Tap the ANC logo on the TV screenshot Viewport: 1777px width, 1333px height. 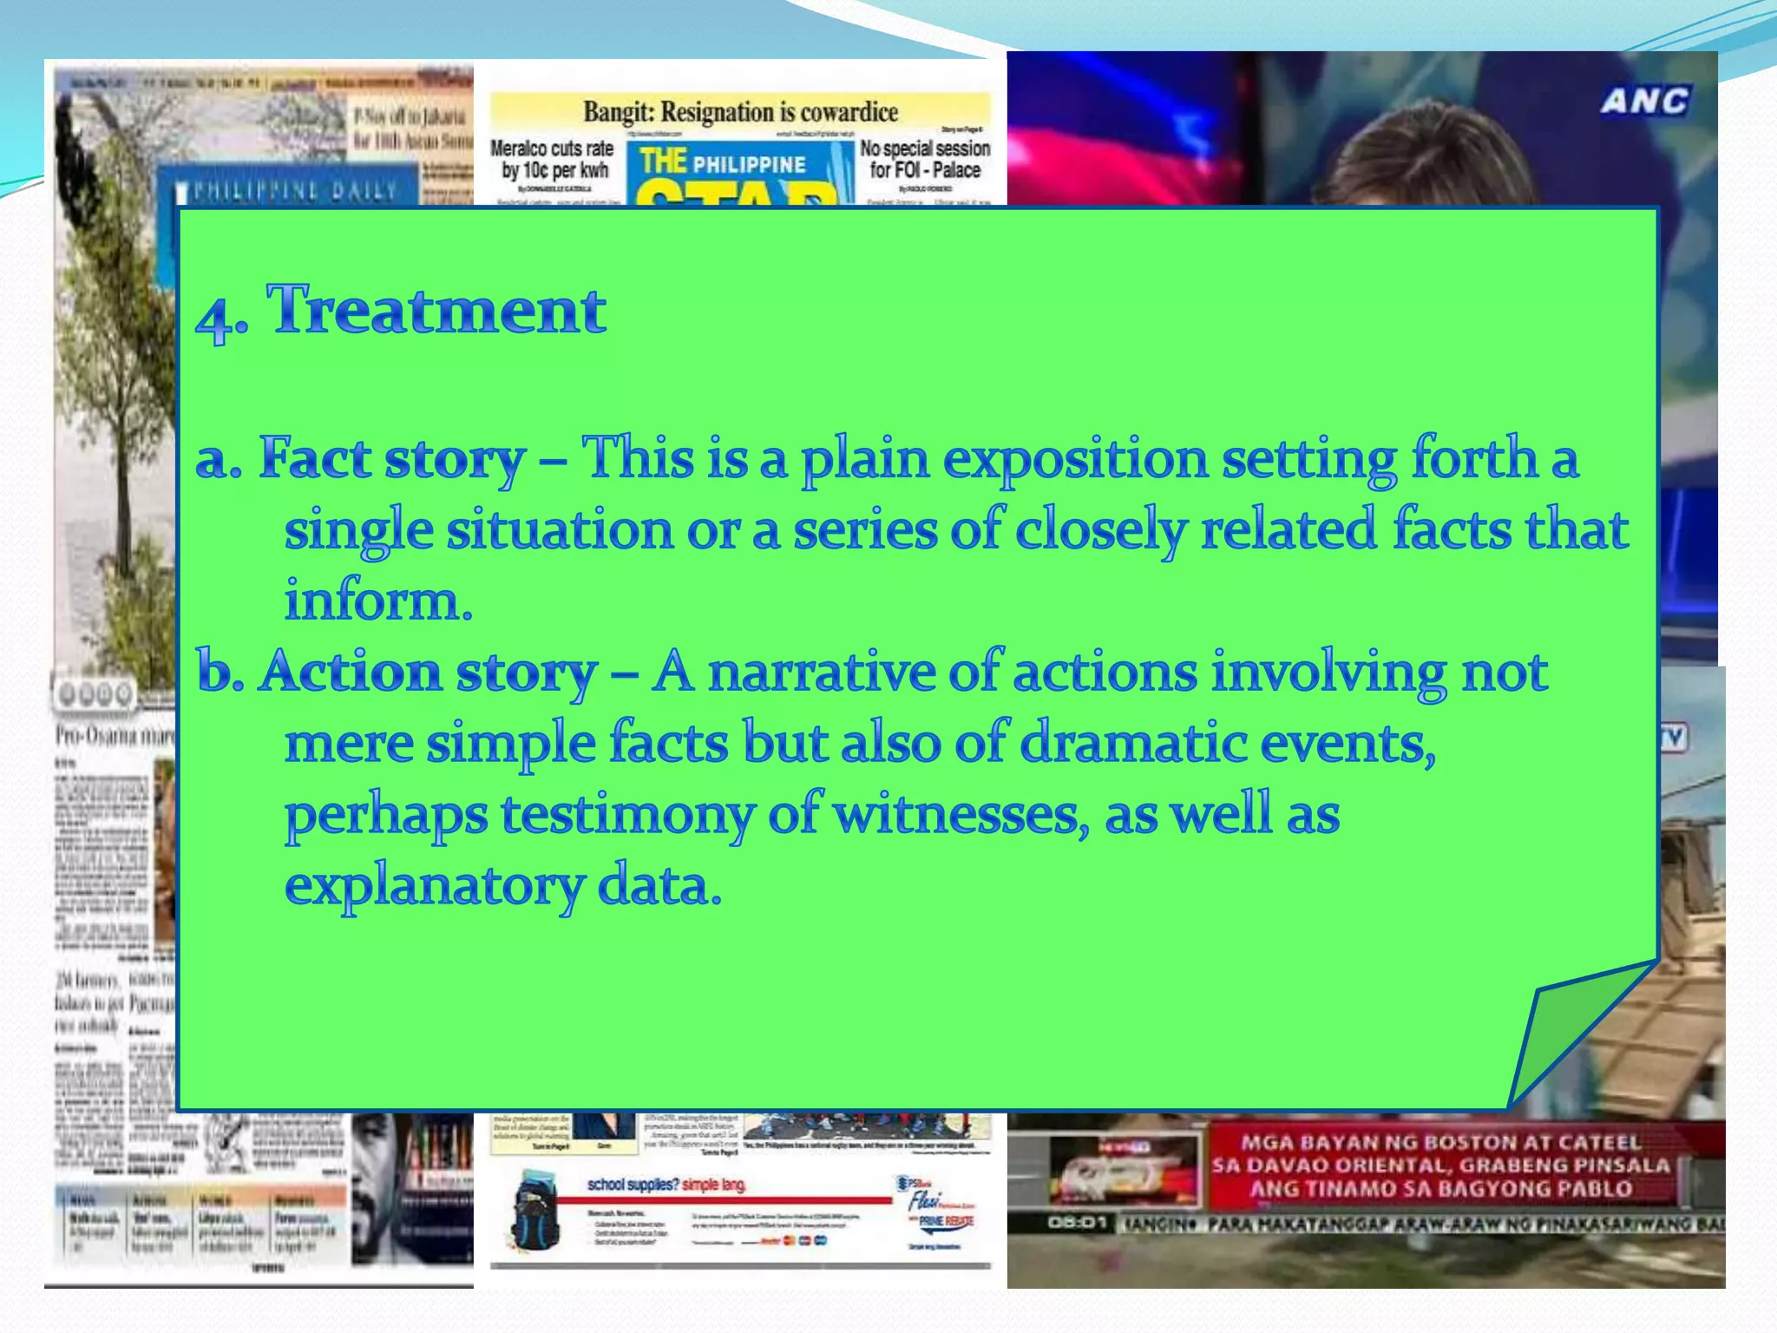click(x=1644, y=102)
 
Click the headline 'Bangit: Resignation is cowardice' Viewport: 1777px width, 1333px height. click(x=740, y=113)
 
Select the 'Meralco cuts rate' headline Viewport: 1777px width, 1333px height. click(x=553, y=159)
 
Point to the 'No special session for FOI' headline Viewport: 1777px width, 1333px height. click(x=925, y=159)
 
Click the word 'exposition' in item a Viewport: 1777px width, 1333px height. click(x=1075, y=458)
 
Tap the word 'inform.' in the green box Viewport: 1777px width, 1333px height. click(x=379, y=601)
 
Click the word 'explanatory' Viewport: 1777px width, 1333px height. click(x=434, y=887)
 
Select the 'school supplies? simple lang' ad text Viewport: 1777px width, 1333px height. click(x=666, y=1185)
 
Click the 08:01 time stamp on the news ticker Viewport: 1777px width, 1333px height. click(x=1077, y=1223)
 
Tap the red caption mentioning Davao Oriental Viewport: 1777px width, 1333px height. click(x=1440, y=1166)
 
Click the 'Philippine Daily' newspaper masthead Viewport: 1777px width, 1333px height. click(x=295, y=191)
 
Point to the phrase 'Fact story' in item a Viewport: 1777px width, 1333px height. click(x=392, y=458)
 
